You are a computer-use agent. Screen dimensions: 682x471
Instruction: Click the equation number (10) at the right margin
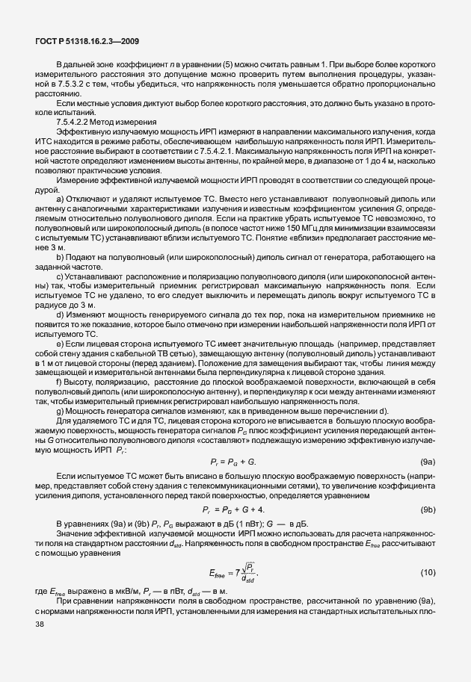pyautogui.click(x=428, y=571)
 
